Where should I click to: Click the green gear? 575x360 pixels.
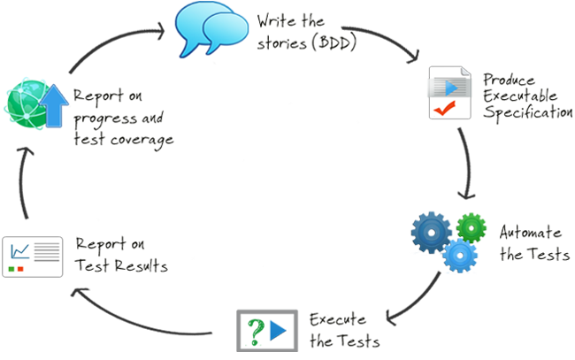[472, 226]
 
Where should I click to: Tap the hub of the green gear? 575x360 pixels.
[472, 226]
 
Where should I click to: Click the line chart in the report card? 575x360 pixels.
[19, 252]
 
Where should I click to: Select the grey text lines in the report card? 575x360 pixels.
[47, 252]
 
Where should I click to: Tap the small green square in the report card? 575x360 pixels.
[12, 267]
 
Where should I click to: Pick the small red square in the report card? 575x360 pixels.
[21, 267]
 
